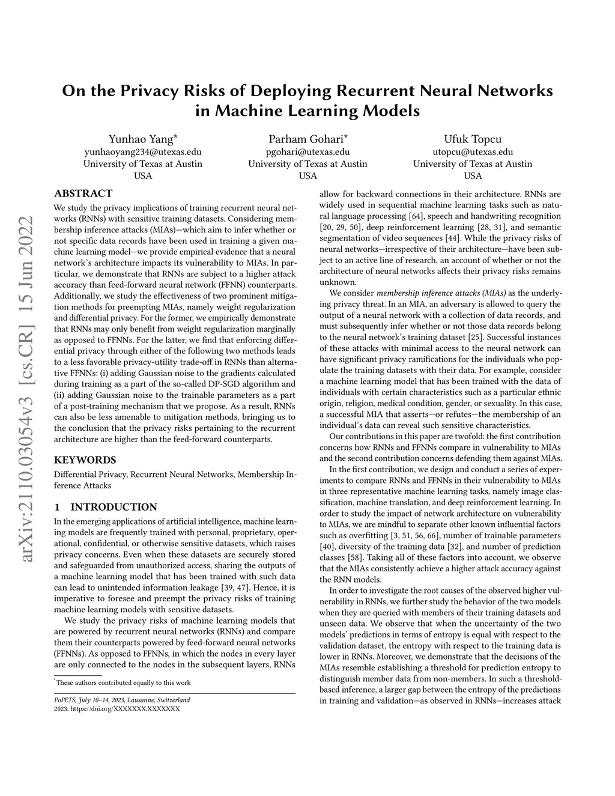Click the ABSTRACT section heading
83,193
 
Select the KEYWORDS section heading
85,460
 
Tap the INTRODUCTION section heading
106,507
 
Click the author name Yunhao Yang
142,139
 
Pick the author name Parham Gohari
307,139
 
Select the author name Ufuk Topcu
473,139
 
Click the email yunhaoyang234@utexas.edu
142,151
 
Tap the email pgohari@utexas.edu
307,151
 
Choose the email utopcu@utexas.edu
473,151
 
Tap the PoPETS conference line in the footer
122,700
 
